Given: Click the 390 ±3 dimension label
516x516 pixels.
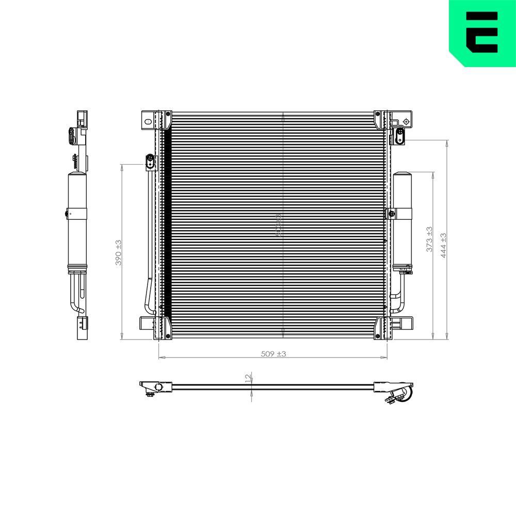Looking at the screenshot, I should click(119, 252).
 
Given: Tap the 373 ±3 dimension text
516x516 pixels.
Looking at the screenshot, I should click(429, 239).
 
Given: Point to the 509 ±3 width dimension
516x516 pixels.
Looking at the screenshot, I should click(273, 353).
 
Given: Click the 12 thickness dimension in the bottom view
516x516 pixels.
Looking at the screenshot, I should click(248, 378).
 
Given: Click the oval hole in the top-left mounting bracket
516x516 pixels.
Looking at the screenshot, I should click(148, 122).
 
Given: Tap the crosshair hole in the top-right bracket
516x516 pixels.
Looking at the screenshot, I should click(406, 122).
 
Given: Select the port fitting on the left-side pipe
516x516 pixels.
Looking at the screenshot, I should click(150, 162).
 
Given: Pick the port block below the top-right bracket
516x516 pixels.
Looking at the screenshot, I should click(399, 137).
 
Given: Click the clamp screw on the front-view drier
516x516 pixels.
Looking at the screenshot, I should click(392, 213).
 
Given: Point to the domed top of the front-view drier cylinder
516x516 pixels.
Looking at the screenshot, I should click(402, 174).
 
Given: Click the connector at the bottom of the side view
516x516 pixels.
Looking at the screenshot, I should click(81, 329).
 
